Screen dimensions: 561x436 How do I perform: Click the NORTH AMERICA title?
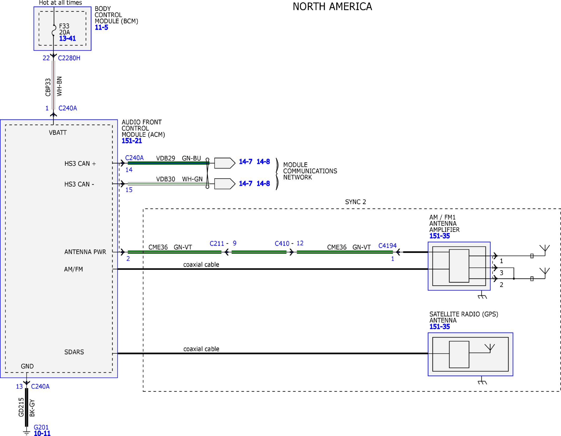pyautogui.click(x=332, y=7)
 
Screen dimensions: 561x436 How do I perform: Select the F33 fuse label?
pyautogui.click(x=64, y=26)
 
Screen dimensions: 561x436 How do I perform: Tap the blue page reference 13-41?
pyautogui.click(x=67, y=38)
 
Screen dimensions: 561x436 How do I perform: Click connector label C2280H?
pyautogui.click(x=69, y=58)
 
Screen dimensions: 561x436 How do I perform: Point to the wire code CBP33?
pyautogui.click(x=48, y=87)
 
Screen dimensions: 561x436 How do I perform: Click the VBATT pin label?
pyautogui.click(x=58, y=133)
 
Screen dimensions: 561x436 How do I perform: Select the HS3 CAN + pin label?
pyautogui.click(x=80, y=164)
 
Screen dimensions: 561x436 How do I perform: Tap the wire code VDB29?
pyautogui.click(x=165, y=158)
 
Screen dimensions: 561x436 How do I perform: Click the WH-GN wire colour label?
pyautogui.click(x=192, y=179)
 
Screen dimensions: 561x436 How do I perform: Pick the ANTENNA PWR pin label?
pyautogui.click(x=85, y=252)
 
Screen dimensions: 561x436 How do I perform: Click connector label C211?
pyautogui.click(x=216, y=244)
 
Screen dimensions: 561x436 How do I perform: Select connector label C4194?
pyautogui.click(x=387, y=246)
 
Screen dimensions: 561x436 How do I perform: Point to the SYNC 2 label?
pyautogui.click(x=356, y=202)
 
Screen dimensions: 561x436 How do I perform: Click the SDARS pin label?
pyautogui.click(x=74, y=352)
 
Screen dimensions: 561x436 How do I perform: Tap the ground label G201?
pyautogui.click(x=41, y=427)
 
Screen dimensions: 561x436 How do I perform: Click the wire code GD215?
pyautogui.click(x=21, y=407)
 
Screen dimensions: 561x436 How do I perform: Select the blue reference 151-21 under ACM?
pyautogui.click(x=132, y=141)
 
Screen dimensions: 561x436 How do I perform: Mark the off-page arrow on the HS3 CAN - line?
pyautogui.click(x=225, y=184)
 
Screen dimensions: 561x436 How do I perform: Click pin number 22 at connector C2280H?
pyautogui.click(x=46, y=58)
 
